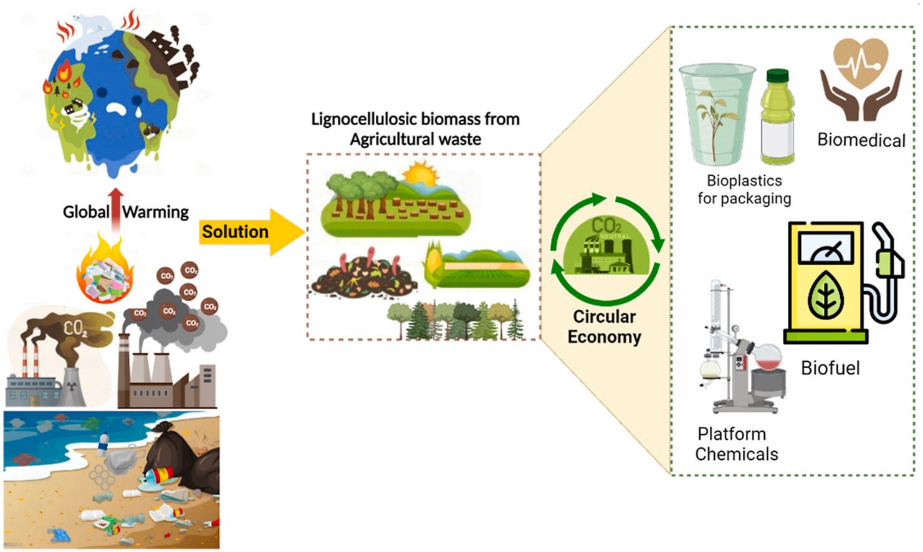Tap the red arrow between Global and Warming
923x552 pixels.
pos(116,209)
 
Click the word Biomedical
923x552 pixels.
pos(861,140)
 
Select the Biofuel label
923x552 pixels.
pos(830,368)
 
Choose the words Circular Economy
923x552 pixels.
pos(604,326)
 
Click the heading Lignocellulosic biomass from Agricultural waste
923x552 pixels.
pos(415,129)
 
